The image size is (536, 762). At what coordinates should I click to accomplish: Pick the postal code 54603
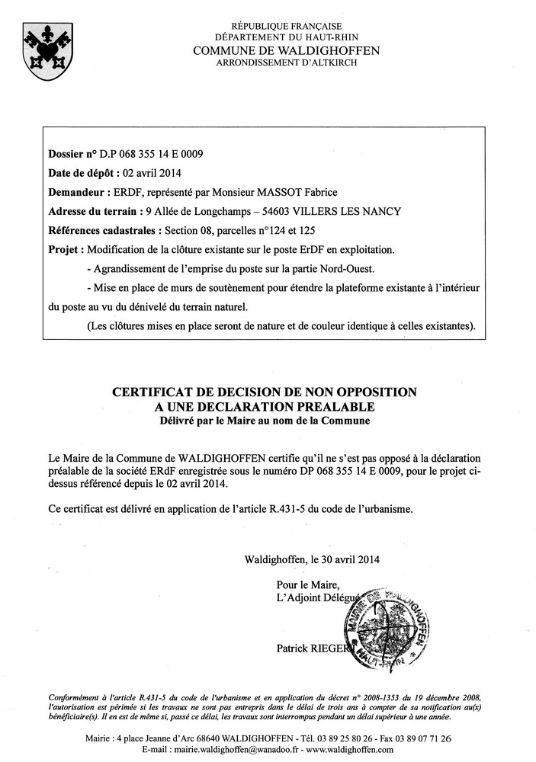pyautogui.click(x=279, y=211)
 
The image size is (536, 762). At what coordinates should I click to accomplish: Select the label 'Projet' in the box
pyautogui.click(x=63, y=249)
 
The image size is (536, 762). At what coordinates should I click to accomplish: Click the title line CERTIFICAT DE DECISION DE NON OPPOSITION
pyautogui.click(x=265, y=392)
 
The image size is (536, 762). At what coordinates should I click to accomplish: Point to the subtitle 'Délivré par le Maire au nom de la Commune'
pyautogui.click(x=265, y=420)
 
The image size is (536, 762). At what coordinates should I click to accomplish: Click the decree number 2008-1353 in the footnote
pyautogui.click(x=377, y=697)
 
